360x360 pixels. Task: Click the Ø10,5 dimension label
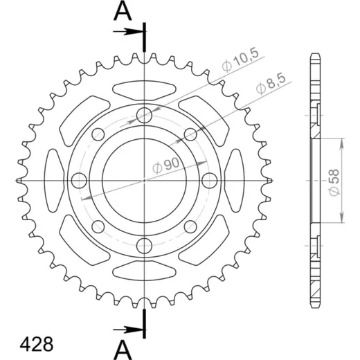coord(240,60)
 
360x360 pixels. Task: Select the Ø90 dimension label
coord(165,165)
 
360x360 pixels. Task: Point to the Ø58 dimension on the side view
coord(334,182)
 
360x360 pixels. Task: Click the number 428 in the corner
coord(37,345)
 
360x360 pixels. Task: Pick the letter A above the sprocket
coord(123,12)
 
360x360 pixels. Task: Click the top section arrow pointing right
coord(128,32)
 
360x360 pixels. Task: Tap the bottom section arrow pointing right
coord(128,330)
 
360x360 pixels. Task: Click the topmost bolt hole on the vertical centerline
coord(144,115)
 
